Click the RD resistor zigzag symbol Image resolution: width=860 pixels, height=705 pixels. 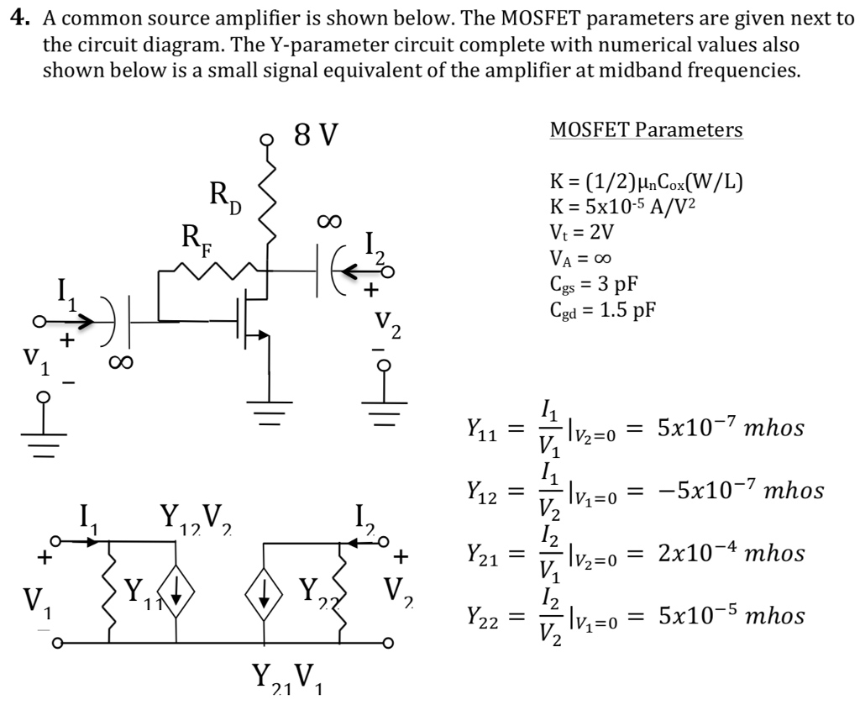(x=269, y=202)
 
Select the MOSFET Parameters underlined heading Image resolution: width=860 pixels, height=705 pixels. (x=646, y=130)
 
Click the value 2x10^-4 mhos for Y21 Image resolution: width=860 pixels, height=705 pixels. (x=731, y=554)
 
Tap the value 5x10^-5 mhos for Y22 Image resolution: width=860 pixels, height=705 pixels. (x=731, y=616)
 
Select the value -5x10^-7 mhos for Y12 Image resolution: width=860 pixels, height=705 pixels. (x=739, y=491)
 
